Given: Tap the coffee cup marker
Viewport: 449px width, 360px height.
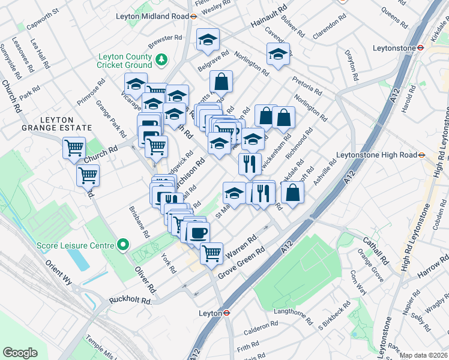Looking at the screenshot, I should point(197,232).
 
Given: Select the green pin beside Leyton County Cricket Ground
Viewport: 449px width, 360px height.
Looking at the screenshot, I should point(161,60).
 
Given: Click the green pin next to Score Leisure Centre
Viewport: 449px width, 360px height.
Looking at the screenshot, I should point(123,245).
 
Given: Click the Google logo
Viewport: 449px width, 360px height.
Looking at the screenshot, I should point(20,353).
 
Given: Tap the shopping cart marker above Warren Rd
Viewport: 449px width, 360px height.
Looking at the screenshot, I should point(211,253).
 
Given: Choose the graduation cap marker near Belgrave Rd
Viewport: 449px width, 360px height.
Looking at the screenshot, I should point(208,40).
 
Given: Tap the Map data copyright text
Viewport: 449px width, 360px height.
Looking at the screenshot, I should point(424,355).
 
